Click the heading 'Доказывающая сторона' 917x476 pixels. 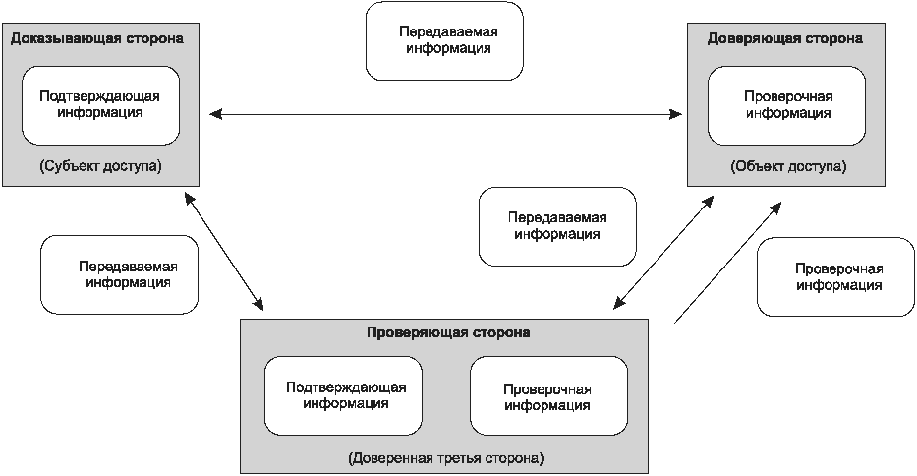[97, 38]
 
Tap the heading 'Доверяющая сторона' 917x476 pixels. [785, 38]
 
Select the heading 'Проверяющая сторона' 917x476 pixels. [447, 332]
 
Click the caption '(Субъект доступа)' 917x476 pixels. [100, 166]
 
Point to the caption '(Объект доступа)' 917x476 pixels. [787, 166]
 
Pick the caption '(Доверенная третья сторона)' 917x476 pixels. [445, 458]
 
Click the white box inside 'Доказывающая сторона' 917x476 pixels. [100, 104]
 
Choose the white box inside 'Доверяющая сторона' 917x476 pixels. [787, 105]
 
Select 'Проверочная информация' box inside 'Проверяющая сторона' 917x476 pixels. [548, 395]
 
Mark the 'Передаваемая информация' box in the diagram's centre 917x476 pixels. [557, 226]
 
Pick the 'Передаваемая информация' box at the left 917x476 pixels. [121, 274]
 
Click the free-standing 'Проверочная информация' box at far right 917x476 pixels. [837, 276]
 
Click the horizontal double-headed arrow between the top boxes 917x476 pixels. [447, 116]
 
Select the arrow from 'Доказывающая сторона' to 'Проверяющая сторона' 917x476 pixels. [225, 250]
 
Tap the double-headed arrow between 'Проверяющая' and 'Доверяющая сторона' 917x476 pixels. [660, 250]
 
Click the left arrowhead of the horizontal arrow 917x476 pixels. [216, 116]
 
